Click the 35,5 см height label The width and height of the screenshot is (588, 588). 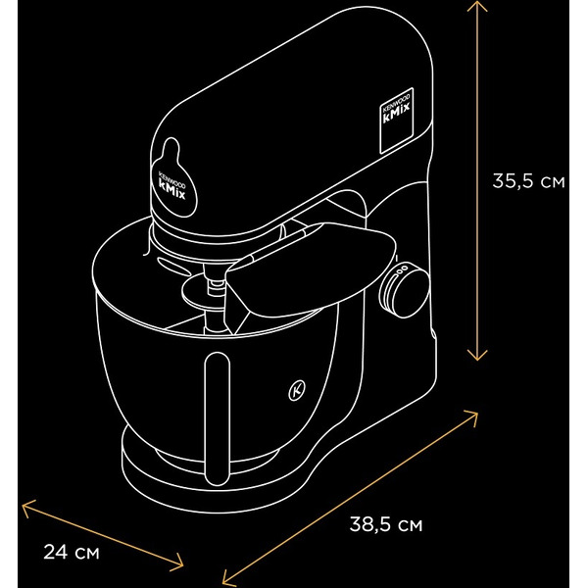(x=528, y=181)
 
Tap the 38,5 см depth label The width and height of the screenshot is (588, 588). (x=386, y=524)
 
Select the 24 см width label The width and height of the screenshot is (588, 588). (x=72, y=553)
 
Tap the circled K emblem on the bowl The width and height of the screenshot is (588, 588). (x=297, y=389)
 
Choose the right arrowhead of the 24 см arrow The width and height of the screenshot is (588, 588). (x=181, y=563)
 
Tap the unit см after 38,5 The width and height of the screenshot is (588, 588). (x=412, y=524)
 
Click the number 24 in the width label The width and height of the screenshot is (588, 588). (x=57, y=553)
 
